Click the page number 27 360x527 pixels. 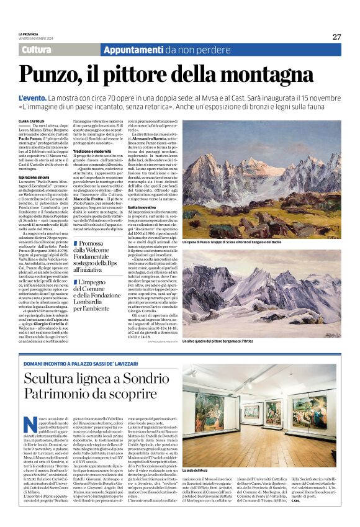click(336, 37)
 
